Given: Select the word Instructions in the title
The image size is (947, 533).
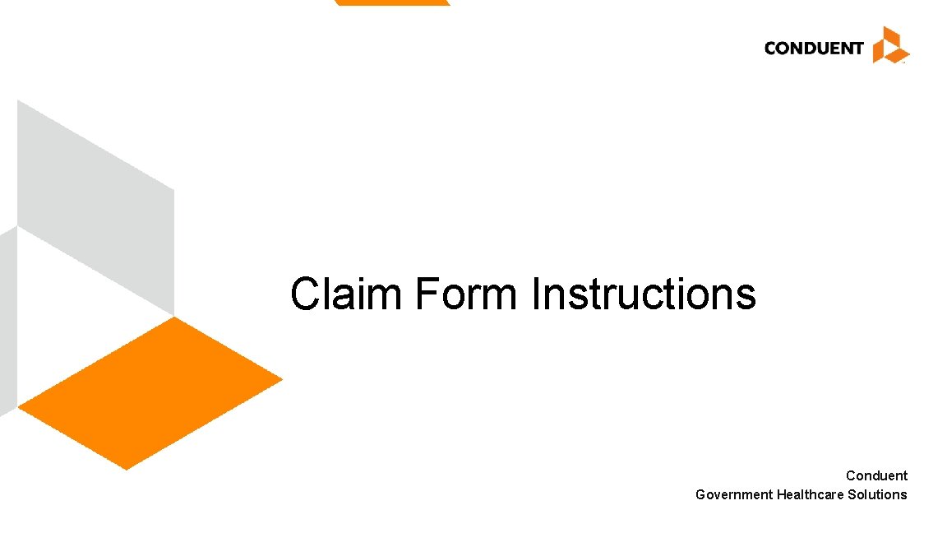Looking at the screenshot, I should click(644, 294).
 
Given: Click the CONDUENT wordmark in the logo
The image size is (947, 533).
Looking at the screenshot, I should click(813, 48).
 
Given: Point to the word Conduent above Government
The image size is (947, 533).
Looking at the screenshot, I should click(876, 475).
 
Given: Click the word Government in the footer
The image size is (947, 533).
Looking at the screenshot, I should click(734, 494).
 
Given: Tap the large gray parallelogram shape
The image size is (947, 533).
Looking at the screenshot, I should click(95, 206).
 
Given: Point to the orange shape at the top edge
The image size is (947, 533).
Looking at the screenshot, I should click(392, 2).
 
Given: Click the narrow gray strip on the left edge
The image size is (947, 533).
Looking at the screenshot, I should click(7, 321).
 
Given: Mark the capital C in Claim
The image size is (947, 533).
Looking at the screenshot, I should click(305, 294).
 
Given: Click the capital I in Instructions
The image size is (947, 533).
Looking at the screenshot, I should click(536, 294).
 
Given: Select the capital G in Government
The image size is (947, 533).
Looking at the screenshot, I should click(701, 494).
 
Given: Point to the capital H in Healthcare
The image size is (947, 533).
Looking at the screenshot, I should click(782, 494).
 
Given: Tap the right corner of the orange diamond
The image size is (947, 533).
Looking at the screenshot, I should click(279, 379).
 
